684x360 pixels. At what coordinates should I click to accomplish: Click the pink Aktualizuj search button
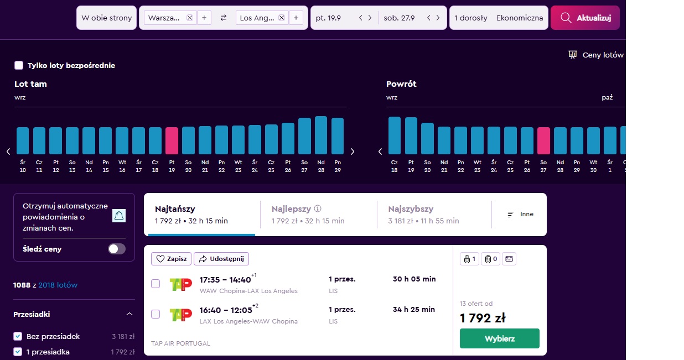pos(585,18)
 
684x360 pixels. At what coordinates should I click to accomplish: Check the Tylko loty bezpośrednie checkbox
pos(19,65)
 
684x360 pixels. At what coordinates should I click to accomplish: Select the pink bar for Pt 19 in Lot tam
pos(172,140)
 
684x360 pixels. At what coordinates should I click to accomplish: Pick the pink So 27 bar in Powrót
pos(543,140)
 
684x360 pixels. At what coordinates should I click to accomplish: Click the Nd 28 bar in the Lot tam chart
pos(321,135)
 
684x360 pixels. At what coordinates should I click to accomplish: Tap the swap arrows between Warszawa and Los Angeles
pos(224,18)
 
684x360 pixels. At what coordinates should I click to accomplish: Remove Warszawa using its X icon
pos(190,18)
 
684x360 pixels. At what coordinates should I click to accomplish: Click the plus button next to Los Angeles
pos(296,18)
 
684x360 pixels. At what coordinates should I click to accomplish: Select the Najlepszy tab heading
pos(291,209)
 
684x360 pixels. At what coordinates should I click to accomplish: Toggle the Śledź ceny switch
pos(117,249)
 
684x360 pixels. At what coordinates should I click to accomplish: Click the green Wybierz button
pos(500,338)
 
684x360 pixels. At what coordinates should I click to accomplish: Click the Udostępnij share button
pos(221,259)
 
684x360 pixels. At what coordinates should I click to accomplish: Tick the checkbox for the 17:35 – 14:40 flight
pos(156,284)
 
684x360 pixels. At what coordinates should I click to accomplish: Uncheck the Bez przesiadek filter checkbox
pos(18,336)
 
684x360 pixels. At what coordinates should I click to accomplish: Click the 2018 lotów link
pos(58,285)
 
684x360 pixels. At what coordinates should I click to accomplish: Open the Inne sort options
pos(520,214)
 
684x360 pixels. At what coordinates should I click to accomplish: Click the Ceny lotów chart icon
pos(573,55)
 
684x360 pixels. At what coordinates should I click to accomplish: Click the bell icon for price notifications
pos(119,216)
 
